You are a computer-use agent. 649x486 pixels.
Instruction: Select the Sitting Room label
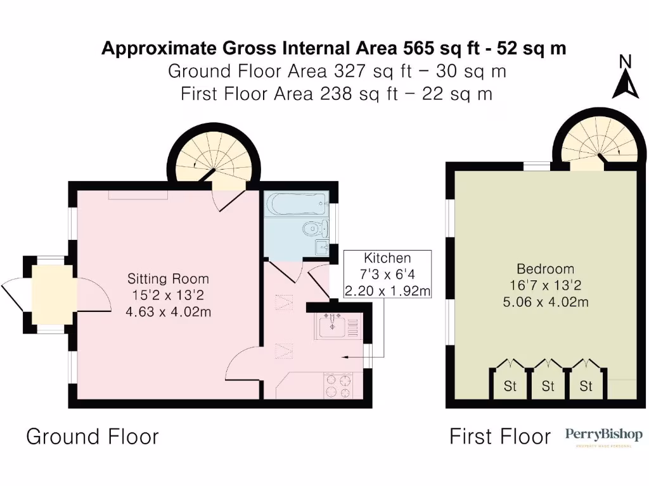(x=168, y=278)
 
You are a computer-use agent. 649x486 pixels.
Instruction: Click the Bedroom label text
(x=545, y=268)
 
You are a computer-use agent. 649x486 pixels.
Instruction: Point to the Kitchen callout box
(x=387, y=275)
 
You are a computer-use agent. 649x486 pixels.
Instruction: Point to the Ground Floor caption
(x=92, y=437)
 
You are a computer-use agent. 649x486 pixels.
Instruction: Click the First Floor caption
(x=500, y=437)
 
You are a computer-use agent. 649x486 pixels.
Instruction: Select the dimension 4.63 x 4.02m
(x=168, y=311)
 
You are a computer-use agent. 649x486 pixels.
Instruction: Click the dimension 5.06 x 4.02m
(x=545, y=302)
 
